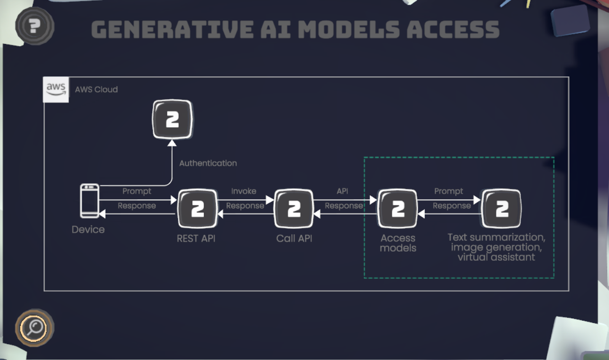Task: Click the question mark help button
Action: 34,26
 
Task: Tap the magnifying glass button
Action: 35,327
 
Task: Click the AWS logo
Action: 56,89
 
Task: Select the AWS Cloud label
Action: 96,89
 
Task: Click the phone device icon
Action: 89,201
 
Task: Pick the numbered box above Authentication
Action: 172,119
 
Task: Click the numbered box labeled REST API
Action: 198,209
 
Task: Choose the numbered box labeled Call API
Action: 294,209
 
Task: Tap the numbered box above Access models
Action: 398,209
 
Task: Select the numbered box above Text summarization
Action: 502,209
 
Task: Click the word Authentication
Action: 208,163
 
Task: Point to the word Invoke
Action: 244,191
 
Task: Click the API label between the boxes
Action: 342,191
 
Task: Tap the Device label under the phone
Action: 88,229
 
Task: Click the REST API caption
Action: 196,239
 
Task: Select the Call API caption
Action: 294,239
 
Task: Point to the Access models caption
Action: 398,243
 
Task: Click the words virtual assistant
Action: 496,258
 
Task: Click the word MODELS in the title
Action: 348,30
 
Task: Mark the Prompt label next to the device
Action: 137,191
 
